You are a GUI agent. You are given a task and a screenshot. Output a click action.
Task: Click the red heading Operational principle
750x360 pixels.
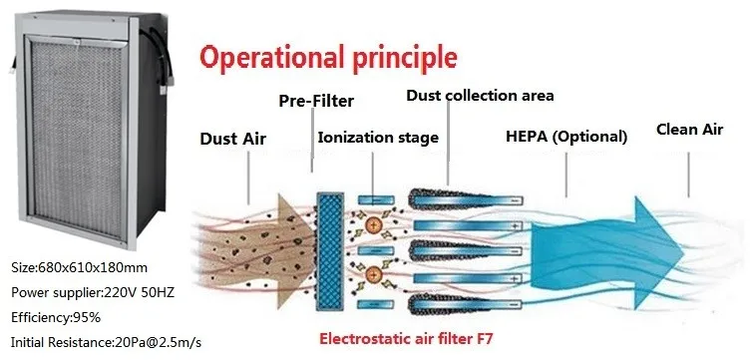(x=328, y=58)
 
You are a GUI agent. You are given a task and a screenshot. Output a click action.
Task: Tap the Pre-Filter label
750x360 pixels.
(x=316, y=101)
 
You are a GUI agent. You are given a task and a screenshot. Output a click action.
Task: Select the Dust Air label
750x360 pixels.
(x=233, y=139)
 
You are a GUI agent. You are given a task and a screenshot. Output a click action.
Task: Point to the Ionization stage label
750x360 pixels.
(x=378, y=138)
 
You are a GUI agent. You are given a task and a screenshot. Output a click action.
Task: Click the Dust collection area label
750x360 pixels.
(x=480, y=95)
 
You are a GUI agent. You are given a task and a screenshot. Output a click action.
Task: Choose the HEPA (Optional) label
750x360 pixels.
(x=566, y=137)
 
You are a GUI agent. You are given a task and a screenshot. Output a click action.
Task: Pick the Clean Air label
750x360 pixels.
(x=689, y=129)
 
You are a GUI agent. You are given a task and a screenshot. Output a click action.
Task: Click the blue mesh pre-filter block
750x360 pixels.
(x=330, y=251)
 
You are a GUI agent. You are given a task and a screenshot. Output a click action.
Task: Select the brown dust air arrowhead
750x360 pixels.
(x=295, y=250)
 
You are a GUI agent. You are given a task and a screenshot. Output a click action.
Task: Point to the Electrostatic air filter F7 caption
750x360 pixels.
(x=406, y=339)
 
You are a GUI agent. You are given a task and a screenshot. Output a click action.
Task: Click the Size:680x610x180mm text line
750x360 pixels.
(x=80, y=267)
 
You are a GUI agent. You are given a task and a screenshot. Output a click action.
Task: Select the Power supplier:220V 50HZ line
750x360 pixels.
(x=93, y=292)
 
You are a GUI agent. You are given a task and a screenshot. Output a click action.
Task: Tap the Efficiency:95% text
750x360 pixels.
(x=56, y=317)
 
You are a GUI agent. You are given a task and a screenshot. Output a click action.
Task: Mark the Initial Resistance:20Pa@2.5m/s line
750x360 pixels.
(x=106, y=342)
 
